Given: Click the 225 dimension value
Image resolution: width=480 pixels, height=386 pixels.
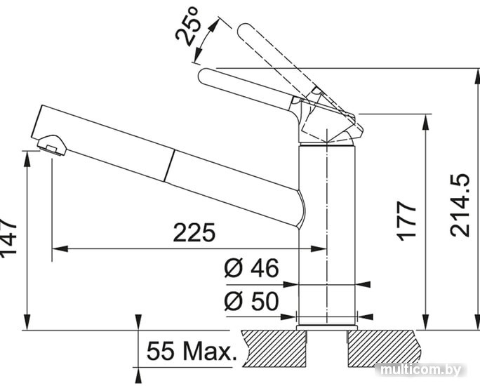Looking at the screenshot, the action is coord(194,233).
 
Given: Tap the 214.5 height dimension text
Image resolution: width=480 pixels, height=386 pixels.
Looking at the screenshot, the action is coord(460,206).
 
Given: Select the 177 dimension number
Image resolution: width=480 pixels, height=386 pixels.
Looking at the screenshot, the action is coord(406,220).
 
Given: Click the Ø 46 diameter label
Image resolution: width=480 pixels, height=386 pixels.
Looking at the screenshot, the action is coord(252,268).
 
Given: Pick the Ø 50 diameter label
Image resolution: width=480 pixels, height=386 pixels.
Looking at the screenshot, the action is coord(252,301).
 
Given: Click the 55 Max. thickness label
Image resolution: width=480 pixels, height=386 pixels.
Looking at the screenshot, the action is coord(192,351).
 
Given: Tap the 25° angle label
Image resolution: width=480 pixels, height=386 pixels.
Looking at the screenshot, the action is coord(187,27).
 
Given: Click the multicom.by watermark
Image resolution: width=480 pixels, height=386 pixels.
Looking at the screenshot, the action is coord(422,370).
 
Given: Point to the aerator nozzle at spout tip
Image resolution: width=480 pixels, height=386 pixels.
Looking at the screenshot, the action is coord(51,145).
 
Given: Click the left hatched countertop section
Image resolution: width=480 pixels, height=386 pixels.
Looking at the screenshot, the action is coord(274,349).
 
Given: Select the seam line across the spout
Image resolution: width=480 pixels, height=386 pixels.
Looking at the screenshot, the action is coord(170,166).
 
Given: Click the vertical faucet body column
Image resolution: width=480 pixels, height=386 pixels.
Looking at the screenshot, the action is coord(327,236).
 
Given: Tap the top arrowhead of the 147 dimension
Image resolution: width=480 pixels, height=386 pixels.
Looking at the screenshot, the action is coord(27,159).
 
